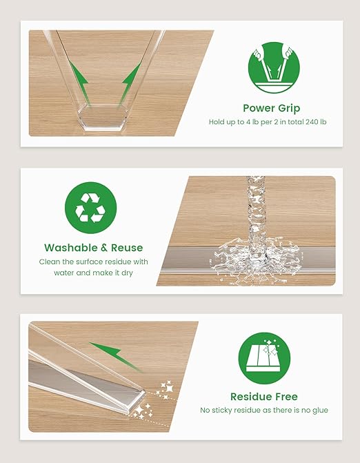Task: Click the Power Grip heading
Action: (272, 108)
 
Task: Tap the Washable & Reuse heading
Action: (94, 248)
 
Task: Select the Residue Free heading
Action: (264, 397)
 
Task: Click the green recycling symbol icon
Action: (90, 208)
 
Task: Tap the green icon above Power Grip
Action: (274, 68)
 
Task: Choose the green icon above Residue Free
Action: (264, 358)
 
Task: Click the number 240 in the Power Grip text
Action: (312, 122)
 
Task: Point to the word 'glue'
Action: (320, 411)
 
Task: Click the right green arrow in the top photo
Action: (131, 84)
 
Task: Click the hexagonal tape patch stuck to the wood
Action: (103, 116)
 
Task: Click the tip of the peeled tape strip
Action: (145, 393)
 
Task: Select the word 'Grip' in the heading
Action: (289, 108)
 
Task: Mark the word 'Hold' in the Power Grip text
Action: (217, 122)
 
